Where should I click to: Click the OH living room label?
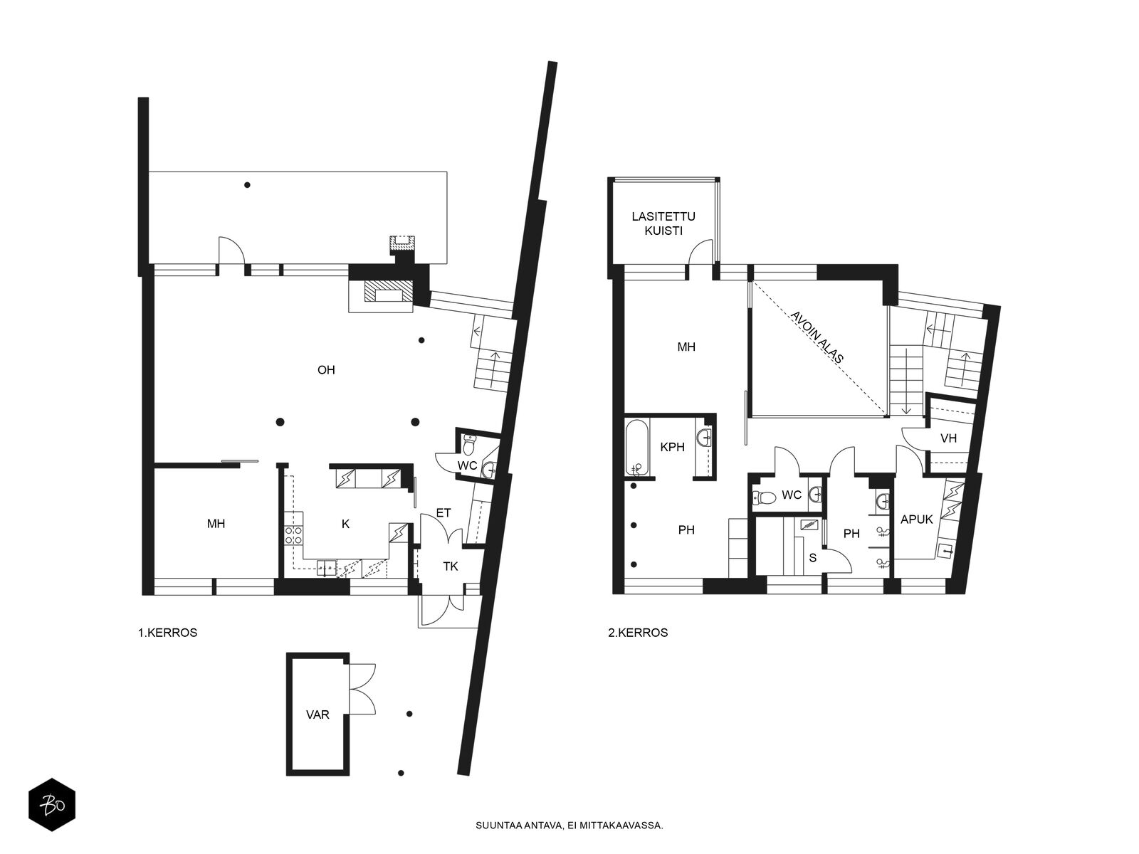click(x=326, y=369)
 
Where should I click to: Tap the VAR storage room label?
click(x=317, y=715)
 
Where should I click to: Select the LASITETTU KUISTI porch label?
click(x=663, y=223)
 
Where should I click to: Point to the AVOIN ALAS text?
click(x=817, y=337)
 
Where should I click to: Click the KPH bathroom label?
click(x=673, y=447)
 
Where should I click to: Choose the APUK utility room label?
click(x=917, y=519)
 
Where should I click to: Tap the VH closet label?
click(x=948, y=438)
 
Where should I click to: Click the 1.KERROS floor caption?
click(x=167, y=633)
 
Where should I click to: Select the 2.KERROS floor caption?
click(x=638, y=633)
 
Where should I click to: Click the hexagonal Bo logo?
click(x=52, y=805)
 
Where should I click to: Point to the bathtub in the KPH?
click(x=636, y=447)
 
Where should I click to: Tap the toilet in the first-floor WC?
click(x=469, y=444)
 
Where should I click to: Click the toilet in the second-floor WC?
click(x=764, y=497)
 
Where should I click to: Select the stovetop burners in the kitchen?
click(x=294, y=534)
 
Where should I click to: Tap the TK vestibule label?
click(x=451, y=566)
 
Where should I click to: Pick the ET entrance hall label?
click(x=443, y=513)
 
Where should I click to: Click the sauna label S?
click(x=813, y=558)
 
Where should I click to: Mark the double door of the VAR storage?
click(x=362, y=689)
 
